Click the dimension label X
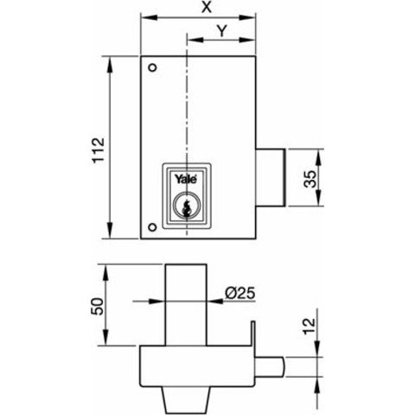[x=207, y=7]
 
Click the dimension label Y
[x=221, y=31]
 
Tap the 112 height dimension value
[x=99, y=150]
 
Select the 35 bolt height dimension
[x=310, y=179]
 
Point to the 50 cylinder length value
[x=98, y=306]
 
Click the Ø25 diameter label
[x=239, y=293]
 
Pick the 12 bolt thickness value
[x=310, y=326]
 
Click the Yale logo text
[x=186, y=179]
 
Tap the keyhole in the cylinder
[x=186, y=207]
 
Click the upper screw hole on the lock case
[x=152, y=68]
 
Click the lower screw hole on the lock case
[x=152, y=227]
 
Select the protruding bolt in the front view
[x=271, y=177]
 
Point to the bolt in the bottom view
[x=270, y=367]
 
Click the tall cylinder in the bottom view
[x=186, y=304]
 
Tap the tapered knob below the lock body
[x=187, y=400]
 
